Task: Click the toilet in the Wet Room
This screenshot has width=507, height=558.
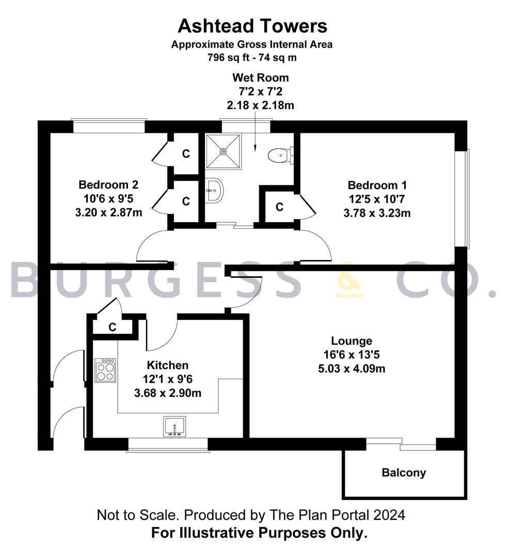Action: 281,156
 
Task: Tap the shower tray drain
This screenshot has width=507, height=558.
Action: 223,151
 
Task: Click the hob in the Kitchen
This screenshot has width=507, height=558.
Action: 106,370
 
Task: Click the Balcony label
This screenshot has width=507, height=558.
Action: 404,473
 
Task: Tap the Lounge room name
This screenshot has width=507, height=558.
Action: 352,341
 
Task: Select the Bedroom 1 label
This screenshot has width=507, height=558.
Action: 377,185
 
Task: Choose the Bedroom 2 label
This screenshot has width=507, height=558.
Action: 108,184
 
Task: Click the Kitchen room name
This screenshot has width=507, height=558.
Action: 167,365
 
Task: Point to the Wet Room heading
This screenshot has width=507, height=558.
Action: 261,78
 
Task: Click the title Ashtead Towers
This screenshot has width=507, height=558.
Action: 252,26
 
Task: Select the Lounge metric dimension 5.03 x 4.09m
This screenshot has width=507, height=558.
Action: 352,369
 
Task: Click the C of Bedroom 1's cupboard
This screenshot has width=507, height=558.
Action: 279,207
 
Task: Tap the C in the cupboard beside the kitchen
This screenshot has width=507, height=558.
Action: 113,327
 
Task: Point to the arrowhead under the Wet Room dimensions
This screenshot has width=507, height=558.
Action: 255,149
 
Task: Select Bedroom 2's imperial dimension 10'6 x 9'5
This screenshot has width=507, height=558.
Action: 108,198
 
